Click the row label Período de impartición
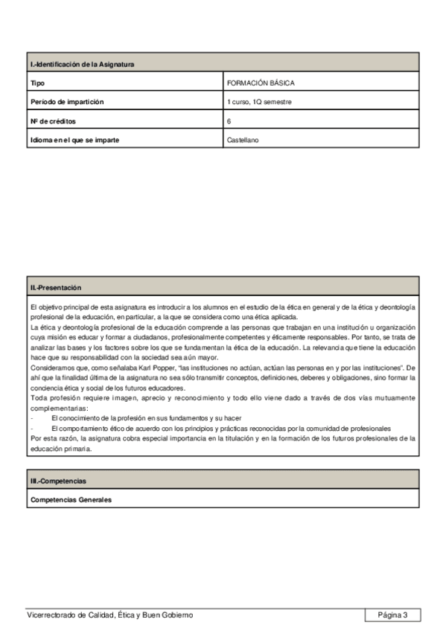[x=67, y=102]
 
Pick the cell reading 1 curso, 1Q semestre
[x=259, y=102]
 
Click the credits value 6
[x=229, y=121]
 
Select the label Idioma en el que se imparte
[x=74, y=139]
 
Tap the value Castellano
[x=243, y=139]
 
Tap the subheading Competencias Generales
[x=71, y=500]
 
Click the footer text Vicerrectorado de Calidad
[x=109, y=615]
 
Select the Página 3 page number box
[x=392, y=615]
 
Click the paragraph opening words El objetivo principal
[x=60, y=307]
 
